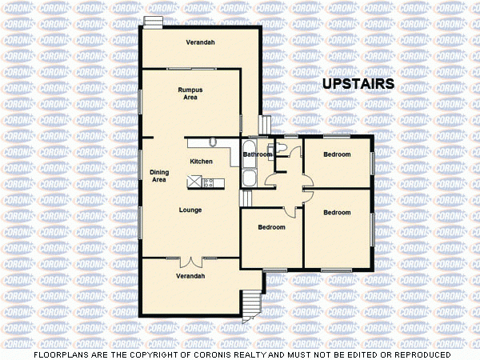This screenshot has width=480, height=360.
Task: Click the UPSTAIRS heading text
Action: (358, 84)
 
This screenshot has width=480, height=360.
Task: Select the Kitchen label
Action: (201, 162)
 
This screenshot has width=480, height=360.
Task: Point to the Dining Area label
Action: (159, 176)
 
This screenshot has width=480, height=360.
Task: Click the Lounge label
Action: (190, 210)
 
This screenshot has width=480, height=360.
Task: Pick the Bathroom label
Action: (258, 154)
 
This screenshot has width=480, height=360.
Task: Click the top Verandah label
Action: (200, 42)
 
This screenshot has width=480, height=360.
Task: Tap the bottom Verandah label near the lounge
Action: (190, 276)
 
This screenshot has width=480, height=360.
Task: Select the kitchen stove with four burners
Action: (208, 182)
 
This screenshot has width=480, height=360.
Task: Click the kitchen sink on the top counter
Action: (213, 142)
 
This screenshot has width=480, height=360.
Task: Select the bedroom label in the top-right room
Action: (337, 154)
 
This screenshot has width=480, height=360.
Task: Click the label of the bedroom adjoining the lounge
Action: (271, 227)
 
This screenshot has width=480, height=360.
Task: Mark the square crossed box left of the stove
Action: (194, 182)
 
